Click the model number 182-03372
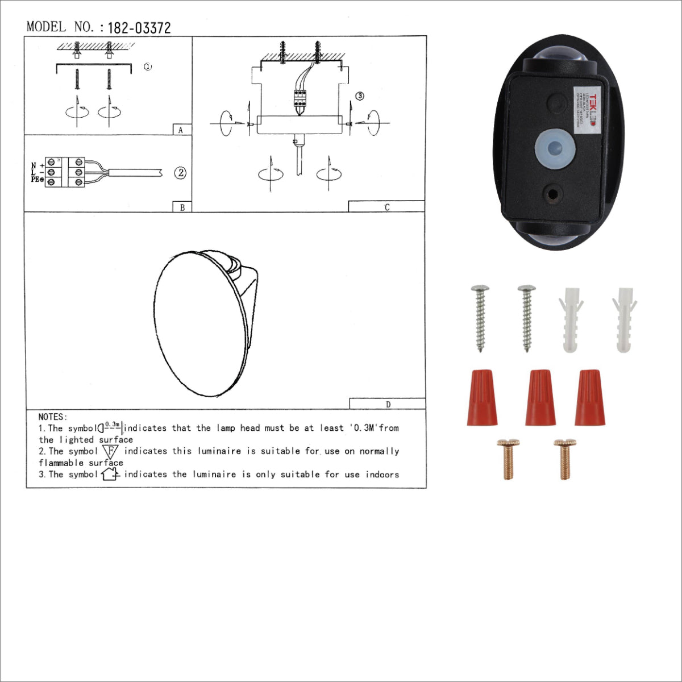point(139,28)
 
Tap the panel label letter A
point(181,130)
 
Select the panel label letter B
point(182,207)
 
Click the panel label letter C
point(387,207)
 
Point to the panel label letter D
point(388,405)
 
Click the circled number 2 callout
point(180,173)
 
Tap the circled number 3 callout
point(360,96)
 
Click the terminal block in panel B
point(65,172)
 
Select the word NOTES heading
point(53,417)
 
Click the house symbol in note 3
point(110,474)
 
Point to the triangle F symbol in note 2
point(111,451)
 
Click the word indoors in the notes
point(382,475)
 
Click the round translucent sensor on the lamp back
point(555,147)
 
